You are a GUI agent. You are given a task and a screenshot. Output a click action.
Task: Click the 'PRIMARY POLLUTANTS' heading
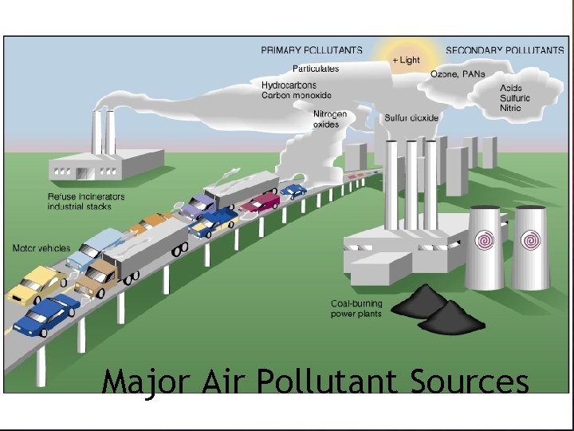[312, 50]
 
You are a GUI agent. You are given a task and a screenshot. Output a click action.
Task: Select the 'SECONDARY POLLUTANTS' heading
[505, 50]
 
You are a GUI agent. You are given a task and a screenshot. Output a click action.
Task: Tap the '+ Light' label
[406, 61]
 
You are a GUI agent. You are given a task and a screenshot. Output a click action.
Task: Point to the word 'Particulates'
[316, 69]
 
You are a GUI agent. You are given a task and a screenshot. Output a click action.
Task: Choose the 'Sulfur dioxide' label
[411, 118]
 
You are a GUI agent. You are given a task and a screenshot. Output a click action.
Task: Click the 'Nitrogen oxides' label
[330, 120]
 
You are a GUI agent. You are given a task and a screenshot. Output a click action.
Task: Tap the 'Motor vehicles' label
[41, 248]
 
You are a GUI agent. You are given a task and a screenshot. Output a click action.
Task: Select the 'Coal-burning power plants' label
[356, 309]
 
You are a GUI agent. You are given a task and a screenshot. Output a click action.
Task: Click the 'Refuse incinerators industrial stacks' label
[85, 202]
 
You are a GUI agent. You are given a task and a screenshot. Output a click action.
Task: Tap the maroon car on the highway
[260, 202]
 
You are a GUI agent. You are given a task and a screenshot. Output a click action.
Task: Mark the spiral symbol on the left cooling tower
[485, 239]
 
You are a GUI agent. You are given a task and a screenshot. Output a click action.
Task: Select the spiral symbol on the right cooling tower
[529, 239]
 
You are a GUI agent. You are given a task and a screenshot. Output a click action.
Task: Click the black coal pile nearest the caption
[450, 321]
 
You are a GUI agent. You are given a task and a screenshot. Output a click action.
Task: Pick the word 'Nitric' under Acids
[510, 108]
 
